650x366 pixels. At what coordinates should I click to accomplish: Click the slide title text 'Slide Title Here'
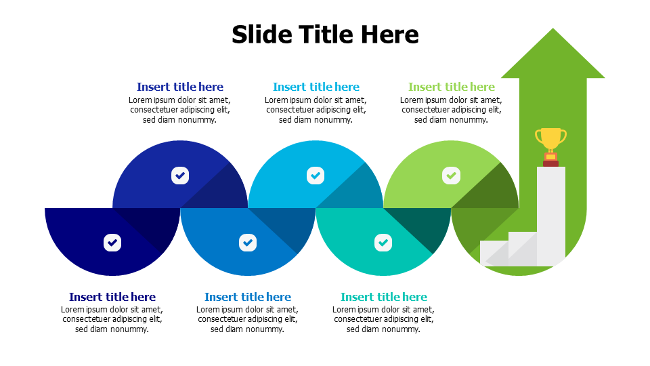325,35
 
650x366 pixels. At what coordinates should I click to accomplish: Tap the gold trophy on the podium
550,140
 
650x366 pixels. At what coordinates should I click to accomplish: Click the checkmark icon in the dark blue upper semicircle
180,176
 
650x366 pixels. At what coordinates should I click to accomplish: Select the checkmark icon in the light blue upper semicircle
316,176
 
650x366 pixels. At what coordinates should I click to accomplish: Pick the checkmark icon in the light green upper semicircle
451,176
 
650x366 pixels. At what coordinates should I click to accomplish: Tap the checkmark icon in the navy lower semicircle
112,242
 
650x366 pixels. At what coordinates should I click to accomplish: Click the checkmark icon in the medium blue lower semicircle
248,242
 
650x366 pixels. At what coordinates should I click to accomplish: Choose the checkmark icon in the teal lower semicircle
383,242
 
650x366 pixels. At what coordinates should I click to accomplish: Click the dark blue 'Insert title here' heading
180,87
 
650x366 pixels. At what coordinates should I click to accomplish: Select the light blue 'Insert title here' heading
316,87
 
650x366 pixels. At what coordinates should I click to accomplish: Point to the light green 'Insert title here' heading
452,87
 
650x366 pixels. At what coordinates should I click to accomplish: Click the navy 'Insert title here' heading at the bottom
112,297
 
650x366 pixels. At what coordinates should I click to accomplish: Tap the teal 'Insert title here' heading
384,297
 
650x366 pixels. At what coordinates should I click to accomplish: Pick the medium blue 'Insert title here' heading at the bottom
248,297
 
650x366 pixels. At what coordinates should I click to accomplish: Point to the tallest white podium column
550,217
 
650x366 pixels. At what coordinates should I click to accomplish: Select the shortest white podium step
493,253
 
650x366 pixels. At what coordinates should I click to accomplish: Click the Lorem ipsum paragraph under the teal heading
384,319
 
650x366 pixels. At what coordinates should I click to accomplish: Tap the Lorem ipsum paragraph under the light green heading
451,110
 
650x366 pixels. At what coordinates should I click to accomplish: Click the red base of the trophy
550,163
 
